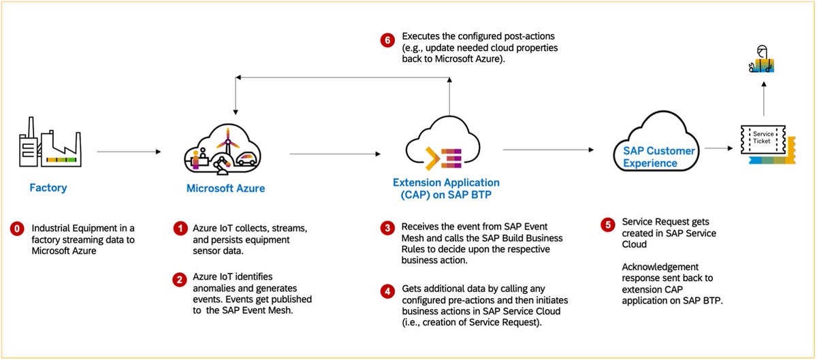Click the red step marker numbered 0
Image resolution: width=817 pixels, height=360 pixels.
coord(17,229)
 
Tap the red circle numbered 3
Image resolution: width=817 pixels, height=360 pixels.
coord(387,229)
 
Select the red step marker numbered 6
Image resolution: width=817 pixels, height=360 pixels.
coord(387,39)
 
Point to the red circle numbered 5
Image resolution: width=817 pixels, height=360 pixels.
coord(607,225)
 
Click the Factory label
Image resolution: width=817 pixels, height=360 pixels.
coord(48,187)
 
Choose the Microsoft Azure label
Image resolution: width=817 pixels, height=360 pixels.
coord(225,189)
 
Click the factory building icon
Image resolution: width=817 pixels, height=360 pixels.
coord(50,142)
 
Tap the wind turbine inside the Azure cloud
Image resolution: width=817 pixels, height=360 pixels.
coord(228,142)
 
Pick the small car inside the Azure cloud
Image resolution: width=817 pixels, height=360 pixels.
coord(246,159)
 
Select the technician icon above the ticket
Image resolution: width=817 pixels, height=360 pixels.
coord(762,59)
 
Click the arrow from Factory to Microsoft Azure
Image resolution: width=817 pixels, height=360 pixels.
coord(129,152)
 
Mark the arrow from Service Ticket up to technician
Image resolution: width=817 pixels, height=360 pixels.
coord(764,99)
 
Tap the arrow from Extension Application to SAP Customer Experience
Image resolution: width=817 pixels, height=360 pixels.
coord(548,150)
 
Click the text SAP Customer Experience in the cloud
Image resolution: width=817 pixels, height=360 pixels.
coord(659,157)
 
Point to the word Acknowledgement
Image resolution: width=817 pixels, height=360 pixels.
coord(660,267)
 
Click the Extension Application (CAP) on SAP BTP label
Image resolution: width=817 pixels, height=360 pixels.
coord(446,189)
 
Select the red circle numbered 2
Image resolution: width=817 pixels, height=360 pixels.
coord(180,280)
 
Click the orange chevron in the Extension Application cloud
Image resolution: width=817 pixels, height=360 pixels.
coord(432,159)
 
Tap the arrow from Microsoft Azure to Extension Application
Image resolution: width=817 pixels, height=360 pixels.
coord(335,154)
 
